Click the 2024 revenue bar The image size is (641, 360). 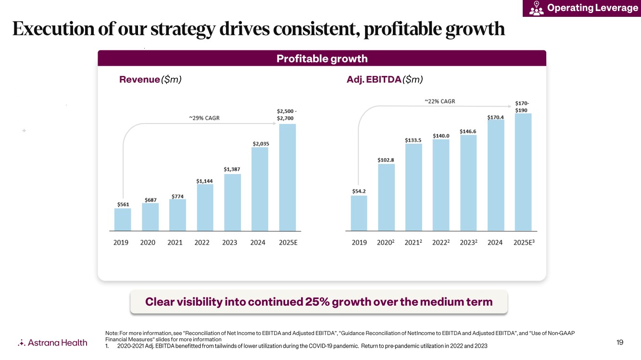pyautogui.click(x=260, y=189)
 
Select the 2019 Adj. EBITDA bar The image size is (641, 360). pyautogui.click(x=359, y=213)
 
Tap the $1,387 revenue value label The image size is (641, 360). pyautogui.click(x=232, y=169)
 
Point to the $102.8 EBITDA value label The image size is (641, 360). pyautogui.click(x=386, y=160)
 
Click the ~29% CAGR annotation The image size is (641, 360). pyautogui.click(x=204, y=118)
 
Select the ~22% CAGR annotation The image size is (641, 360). pyautogui.click(x=440, y=101)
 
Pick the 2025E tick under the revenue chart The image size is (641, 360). pyautogui.click(x=288, y=243)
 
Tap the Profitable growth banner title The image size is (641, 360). pyautogui.click(x=322, y=59)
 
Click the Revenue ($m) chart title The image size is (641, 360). pyautogui.click(x=150, y=80)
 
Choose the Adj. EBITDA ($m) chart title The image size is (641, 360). pyautogui.click(x=384, y=80)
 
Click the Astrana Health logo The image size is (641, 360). pyautogui.click(x=52, y=343)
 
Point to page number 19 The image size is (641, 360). pyautogui.click(x=620, y=342)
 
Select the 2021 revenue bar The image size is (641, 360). pyautogui.click(x=177, y=215)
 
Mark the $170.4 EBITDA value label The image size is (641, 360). pyautogui.click(x=495, y=117)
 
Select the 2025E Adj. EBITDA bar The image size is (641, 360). pyautogui.click(x=523, y=172)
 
